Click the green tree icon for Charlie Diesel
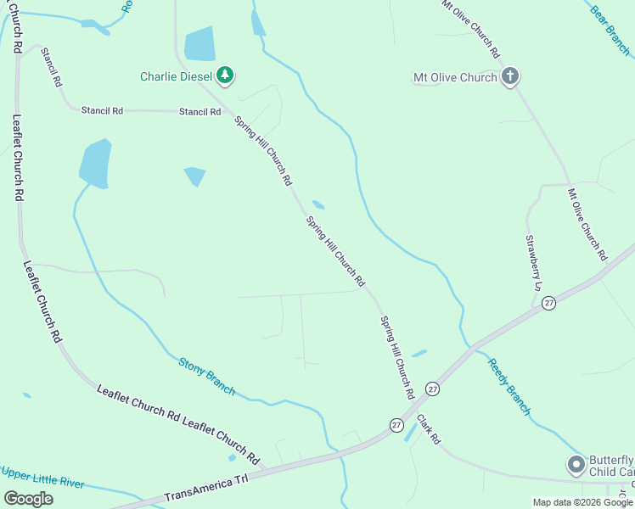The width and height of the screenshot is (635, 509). pyautogui.click(x=225, y=76)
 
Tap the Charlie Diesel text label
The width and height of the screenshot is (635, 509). pyautogui.click(x=177, y=77)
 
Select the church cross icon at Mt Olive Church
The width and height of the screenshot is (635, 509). pyautogui.click(x=509, y=77)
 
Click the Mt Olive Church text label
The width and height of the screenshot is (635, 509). pyautogui.click(x=455, y=78)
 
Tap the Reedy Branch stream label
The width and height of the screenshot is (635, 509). pyautogui.click(x=509, y=387)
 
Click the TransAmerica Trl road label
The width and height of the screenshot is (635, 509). pyautogui.click(x=206, y=488)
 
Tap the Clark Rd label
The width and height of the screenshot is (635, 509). pyautogui.click(x=429, y=429)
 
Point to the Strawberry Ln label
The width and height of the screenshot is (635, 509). pyautogui.click(x=532, y=263)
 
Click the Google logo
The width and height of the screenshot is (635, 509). pyautogui.click(x=28, y=499)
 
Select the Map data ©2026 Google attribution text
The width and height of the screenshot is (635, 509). pyautogui.click(x=582, y=502)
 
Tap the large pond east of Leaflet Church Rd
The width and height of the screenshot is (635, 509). pyautogui.click(x=96, y=163)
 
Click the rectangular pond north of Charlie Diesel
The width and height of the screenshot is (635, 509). pyautogui.click(x=199, y=44)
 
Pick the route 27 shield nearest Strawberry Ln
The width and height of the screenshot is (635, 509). pyautogui.click(x=549, y=303)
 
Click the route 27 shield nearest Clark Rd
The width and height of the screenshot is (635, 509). pyautogui.click(x=396, y=424)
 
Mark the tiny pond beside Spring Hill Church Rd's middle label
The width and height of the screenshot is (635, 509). pyautogui.click(x=318, y=204)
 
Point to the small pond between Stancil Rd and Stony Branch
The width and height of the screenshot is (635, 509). pyautogui.click(x=194, y=176)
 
